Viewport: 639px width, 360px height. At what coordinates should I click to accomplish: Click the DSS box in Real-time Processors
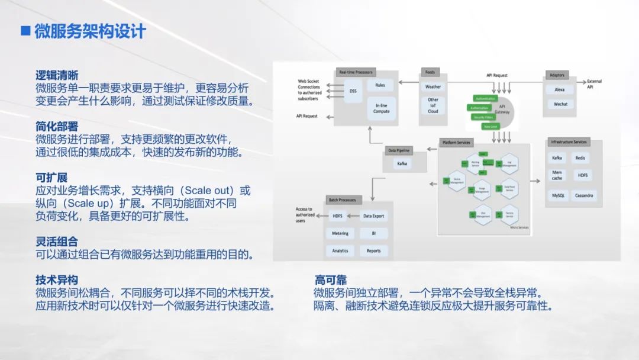tap(353, 91)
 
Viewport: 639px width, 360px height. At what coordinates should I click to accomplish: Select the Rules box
tap(380, 85)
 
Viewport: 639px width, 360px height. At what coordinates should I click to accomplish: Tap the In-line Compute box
tap(381, 108)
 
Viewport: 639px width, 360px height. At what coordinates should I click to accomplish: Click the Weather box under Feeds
tap(433, 86)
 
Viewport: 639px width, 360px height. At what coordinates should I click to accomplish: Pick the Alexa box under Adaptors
tap(560, 89)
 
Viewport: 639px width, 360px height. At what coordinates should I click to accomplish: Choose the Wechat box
tap(560, 104)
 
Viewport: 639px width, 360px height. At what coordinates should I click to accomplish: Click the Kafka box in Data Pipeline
tap(402, 163)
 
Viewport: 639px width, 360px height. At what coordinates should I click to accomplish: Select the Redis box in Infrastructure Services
tap(580, 158)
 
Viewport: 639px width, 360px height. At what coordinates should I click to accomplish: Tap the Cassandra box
tap(584, 195)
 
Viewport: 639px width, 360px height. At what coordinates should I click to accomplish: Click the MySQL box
tap(558, 195)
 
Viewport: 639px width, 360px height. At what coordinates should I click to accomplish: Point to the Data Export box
tap(373, 216)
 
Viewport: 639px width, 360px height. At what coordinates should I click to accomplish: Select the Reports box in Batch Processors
tap(373, 250)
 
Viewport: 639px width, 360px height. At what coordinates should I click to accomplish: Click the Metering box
tap(340, 233)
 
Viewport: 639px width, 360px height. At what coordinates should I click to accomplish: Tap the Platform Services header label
tap(456, 142)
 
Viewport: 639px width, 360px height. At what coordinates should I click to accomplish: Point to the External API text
tap(593, 84)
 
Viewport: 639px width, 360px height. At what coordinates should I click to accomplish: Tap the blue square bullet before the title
tap(25, 31)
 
